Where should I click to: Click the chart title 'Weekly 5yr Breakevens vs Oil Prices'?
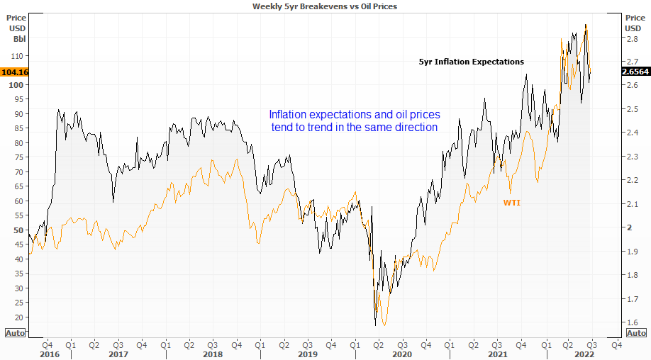coord(326,6)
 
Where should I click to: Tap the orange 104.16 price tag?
coord(14,72)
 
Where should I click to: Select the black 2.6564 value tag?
coord(634,72)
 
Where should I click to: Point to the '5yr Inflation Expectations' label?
coord(472,62)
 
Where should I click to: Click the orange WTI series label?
coord(512,203)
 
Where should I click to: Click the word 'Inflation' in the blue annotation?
coord(287,114)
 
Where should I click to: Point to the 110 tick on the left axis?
coord(18,56)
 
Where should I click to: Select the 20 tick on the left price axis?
coord(18,317)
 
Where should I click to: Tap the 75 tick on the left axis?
coord(18,157)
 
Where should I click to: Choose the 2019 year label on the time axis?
coord(306,354)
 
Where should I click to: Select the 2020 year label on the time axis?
coord(401,354)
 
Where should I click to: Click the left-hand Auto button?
coord(15,332)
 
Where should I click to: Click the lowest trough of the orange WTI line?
coord(384,325)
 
